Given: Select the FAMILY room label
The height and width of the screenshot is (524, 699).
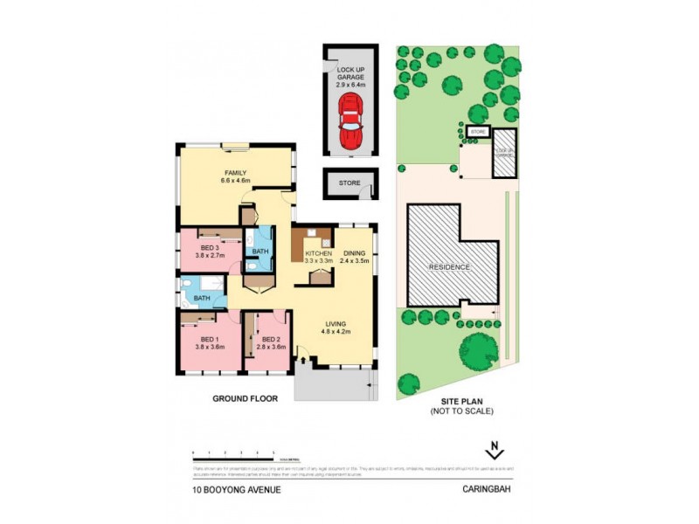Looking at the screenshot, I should [235, 176].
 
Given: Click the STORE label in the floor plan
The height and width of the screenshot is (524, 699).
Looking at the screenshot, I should [349, 183].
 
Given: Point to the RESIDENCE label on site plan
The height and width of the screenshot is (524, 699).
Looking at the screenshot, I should [448, 267].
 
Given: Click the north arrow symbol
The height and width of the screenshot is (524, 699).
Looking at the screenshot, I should [495, 452].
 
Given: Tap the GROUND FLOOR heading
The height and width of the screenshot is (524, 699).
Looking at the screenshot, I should [245, 398].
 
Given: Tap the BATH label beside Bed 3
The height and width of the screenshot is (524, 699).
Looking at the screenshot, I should [260, 252].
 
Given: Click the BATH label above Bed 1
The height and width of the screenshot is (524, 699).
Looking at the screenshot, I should [202, 299].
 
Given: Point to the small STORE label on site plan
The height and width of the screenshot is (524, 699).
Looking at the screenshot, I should [477, 131].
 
